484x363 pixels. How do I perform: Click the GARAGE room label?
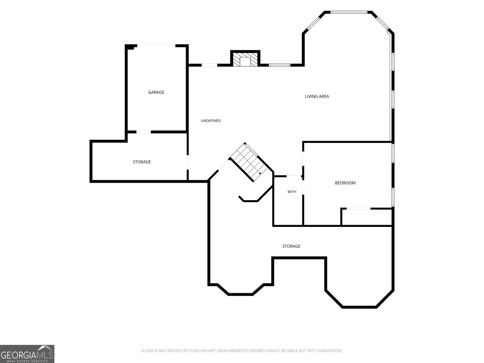click(x=156, y=92)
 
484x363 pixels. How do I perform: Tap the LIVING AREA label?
click(x=317, y=96)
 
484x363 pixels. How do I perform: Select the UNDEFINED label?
click(x=211, y=121)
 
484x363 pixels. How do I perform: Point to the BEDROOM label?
click(x=345, y=183)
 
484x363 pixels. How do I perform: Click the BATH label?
click(x=292, y=192)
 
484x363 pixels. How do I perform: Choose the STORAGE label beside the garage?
click(x=142, y=162)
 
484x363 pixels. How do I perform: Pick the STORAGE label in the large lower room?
click(x=291, y=246)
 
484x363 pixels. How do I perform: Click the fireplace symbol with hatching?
click(x=245, y=59)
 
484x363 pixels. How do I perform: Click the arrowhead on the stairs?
click(x=260, y=173)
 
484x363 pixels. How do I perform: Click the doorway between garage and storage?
click(x=144, y=132)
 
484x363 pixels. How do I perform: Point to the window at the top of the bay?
click(x=349, y=12)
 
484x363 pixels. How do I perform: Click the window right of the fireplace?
click(x=280, y=65)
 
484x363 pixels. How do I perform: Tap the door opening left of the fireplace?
click(x=209, y=65)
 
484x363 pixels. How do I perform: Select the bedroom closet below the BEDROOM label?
click(x=366, y=217)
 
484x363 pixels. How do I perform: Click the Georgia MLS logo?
click(x=27, y=354)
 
